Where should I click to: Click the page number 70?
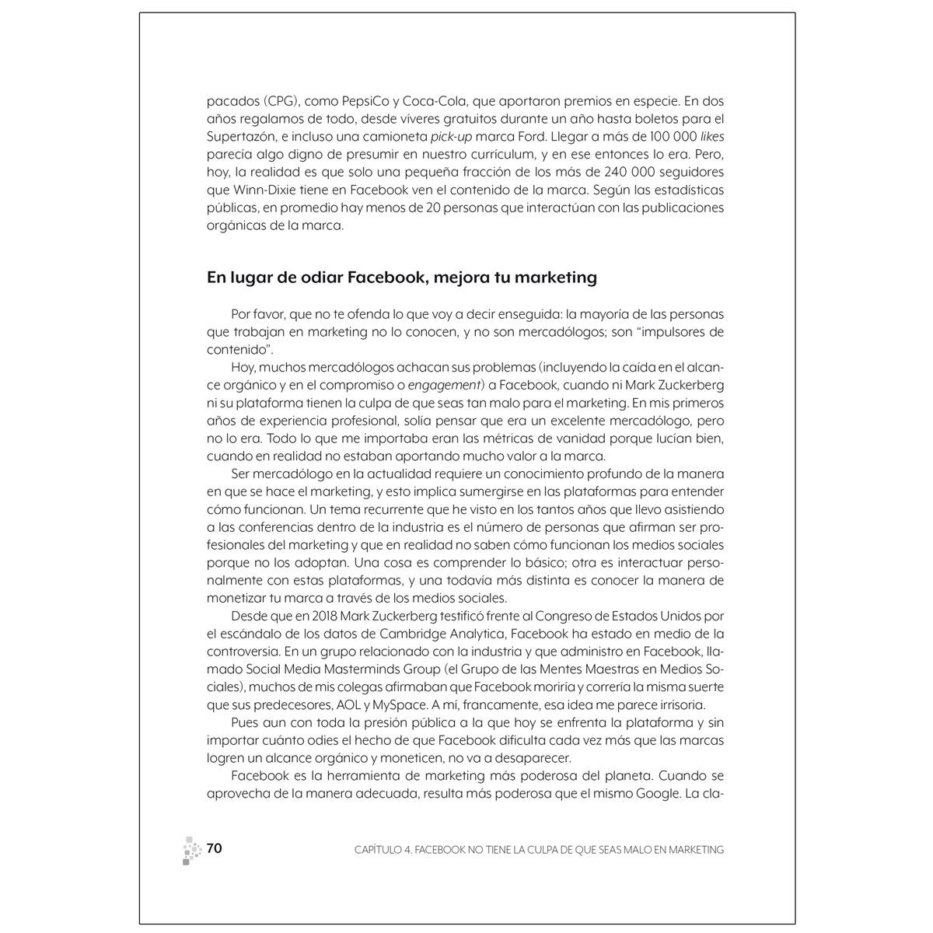tap(215, 848)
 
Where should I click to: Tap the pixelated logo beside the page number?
tap(189, 850)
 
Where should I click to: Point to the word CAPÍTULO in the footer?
tap(371, 850)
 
